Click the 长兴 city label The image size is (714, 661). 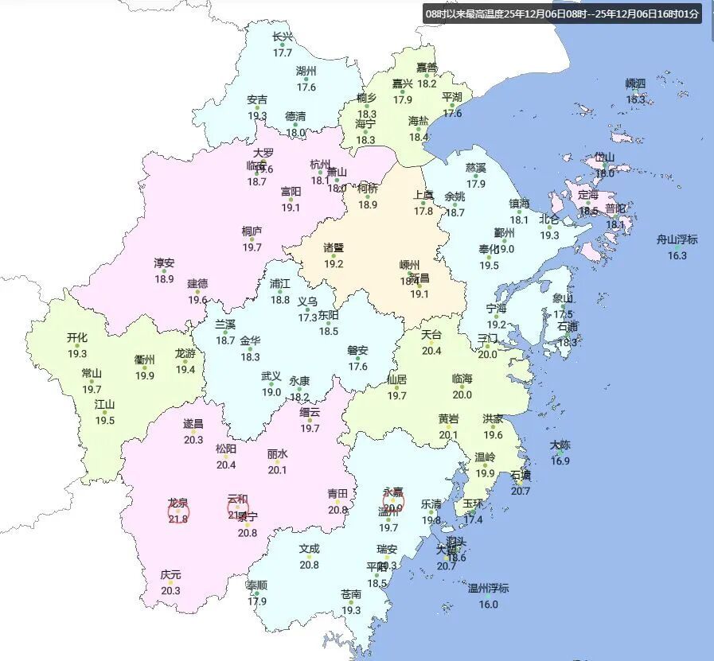pyautogui.click(x=283, y=37)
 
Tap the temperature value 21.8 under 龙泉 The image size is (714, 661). pyautogui.click(x=178, y=519)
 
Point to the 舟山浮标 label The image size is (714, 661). pyautogui.click(x=677, y=239)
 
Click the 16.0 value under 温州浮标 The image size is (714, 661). pyautogui.click(x=488, y=605)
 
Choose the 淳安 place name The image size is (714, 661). pyautogui.click(x=164, y=262)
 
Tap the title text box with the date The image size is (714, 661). pyautogui.click(x=562, y=14)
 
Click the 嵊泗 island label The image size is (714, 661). pyautogui.click(x=635, y=83)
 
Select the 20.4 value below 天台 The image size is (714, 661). pyautogui.click(x=431, y=351)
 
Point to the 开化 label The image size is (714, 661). pyautogui.click(x=77, y=337)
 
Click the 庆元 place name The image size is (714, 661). pyautogui.click(x=170, y=574)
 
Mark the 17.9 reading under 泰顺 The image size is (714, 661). pyautogui.click(x=257, y=601)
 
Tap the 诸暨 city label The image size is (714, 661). pyautogui.click(x=334, y=247)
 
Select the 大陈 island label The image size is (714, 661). pyautogui.click(x=560, y=445)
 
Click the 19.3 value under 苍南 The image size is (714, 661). pyautogui.click(x=351, y=610)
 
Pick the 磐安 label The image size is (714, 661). pyautogui.click(x=357, y=350)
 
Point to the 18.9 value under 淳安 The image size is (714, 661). pyautogui.click(x=164, y=279)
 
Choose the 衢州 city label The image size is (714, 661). pyautogui.click(x=145, y=360)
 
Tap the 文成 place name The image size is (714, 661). pyautogui.click(x=309, y=548)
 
